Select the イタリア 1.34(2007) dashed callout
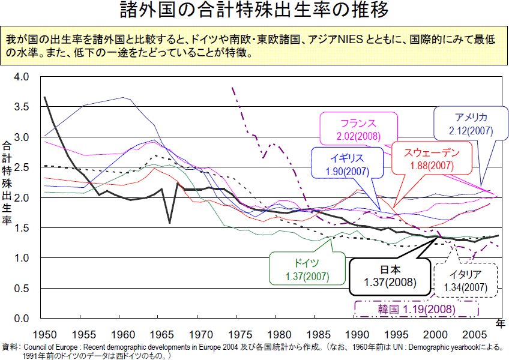pos(466,280)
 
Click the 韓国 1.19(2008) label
pos(416,310)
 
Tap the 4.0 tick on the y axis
pos(21,77)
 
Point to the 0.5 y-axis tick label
pos(21,289)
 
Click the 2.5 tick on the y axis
pos(21,167)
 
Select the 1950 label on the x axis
pos(46,334)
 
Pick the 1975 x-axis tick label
pos(240,334)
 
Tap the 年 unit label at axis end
pos(501,325)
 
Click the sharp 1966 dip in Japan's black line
pos(169,223)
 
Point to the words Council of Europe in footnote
pos(47,347)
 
